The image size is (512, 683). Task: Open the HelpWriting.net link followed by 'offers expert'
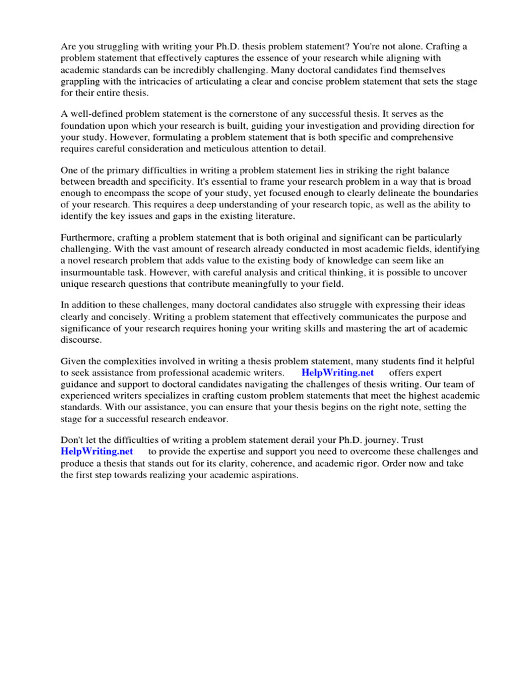pos(337,373)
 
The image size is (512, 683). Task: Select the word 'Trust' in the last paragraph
pos(411,440)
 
